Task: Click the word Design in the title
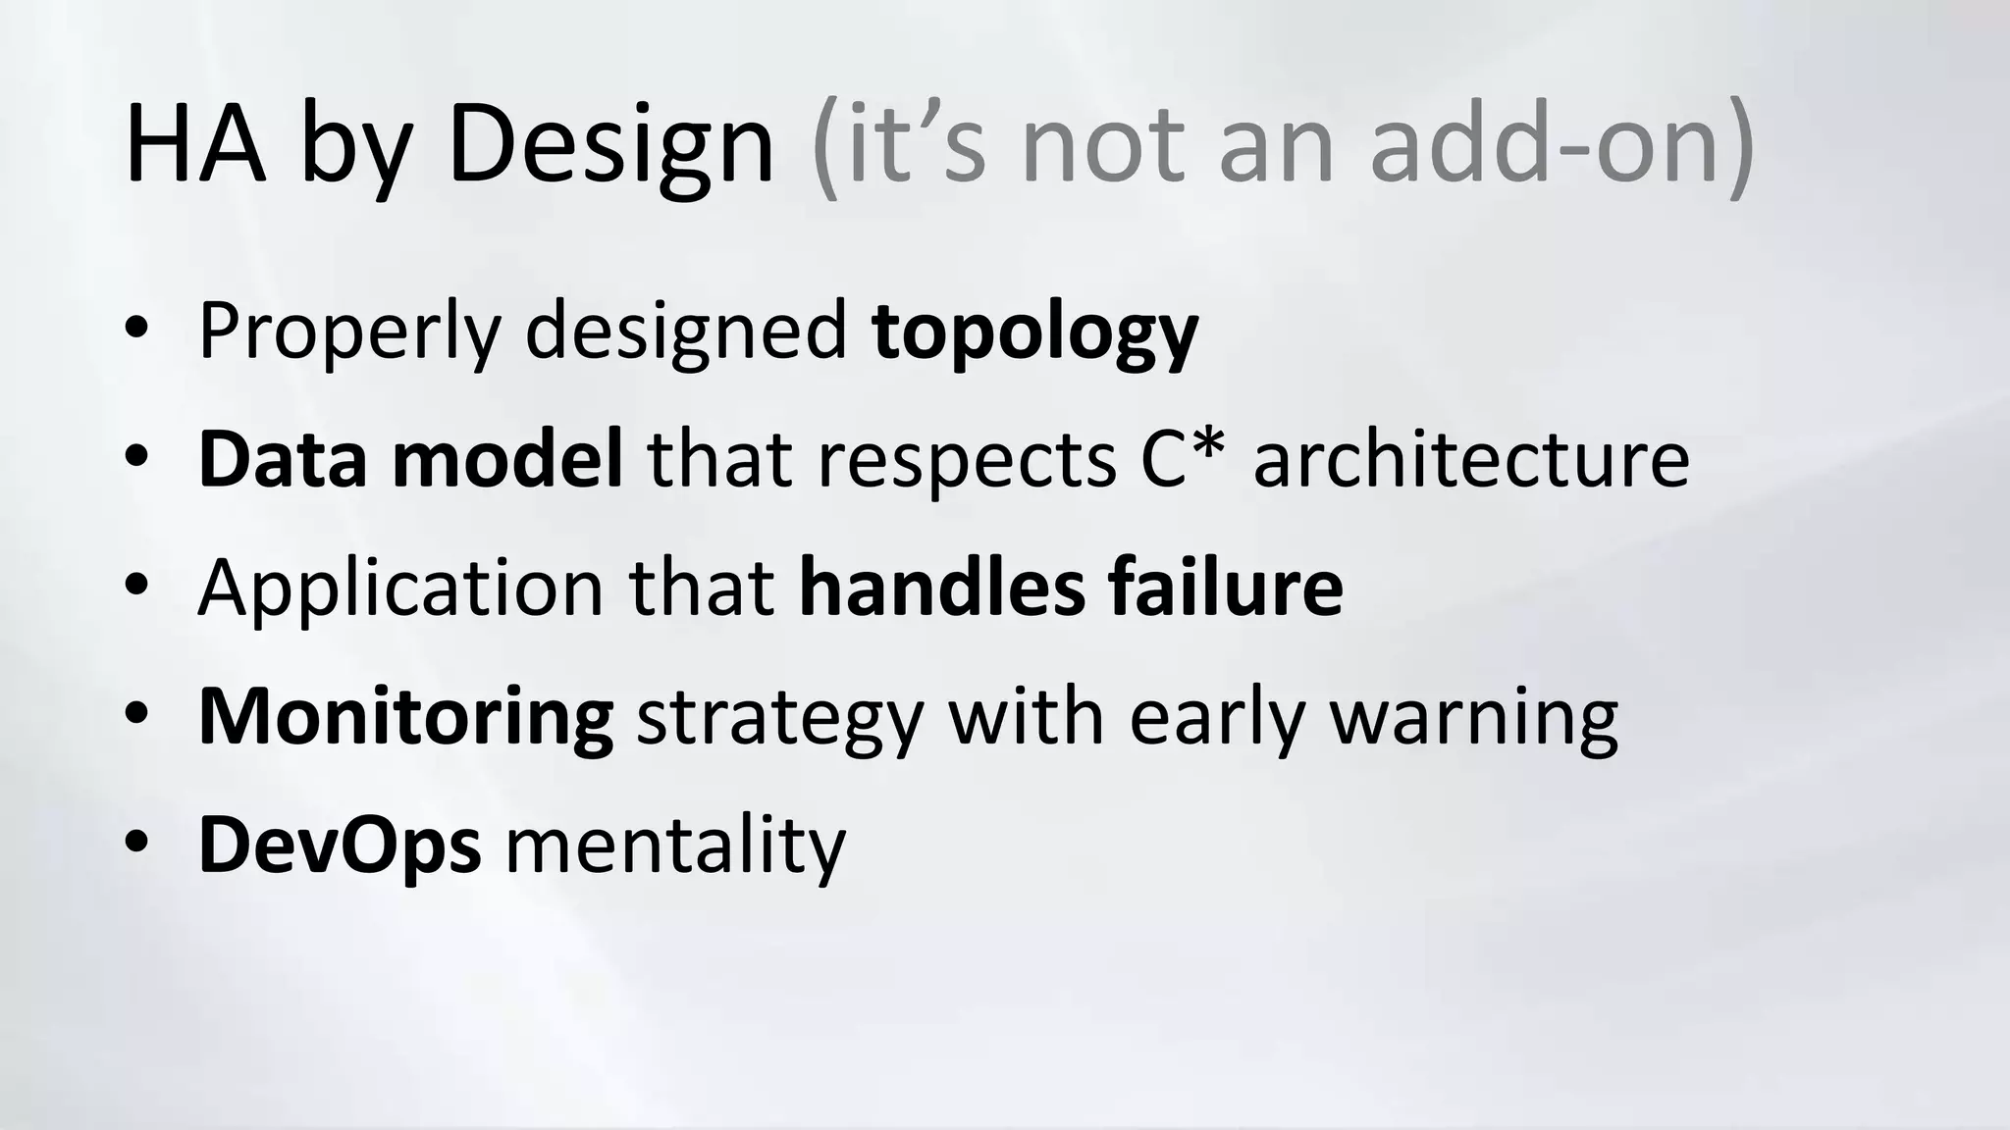(610, 145)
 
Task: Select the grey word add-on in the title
(1560, 145)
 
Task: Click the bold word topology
(1034, 334)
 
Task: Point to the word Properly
(349, 334)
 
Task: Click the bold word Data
(284, 458)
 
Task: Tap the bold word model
(507, 458)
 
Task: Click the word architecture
(1471, 458)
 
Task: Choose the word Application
(400, 588)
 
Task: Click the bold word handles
(942, 588)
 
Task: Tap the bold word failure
(1226, 588)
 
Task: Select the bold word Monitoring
(406, 718)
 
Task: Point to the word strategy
(780, 718)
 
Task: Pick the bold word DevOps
(340, 845)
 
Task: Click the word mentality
(675, 845)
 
